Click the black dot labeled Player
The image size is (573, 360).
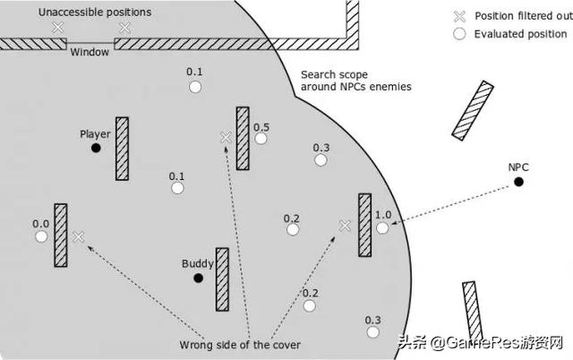coord(96,148)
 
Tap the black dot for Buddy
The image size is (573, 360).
coord(198,278)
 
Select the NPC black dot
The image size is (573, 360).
coord(518,182)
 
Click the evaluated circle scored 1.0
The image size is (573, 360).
coord(383,228)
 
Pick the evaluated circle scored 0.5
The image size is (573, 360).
coord(261,139)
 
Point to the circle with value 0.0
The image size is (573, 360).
coord(41,237)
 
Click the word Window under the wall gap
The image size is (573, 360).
coord(90,52)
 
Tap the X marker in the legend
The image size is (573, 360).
coord(459,16)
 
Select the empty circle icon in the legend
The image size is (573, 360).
coord(459,33)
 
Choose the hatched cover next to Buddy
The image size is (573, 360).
coord(222,279)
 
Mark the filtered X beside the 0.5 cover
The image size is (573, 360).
coord(227,137)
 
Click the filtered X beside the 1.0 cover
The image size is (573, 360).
coord(345,226)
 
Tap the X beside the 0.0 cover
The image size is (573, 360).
coord(79,236)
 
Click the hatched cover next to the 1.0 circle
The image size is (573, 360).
coord(364,225)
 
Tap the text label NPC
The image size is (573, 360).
coord(518,167)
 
